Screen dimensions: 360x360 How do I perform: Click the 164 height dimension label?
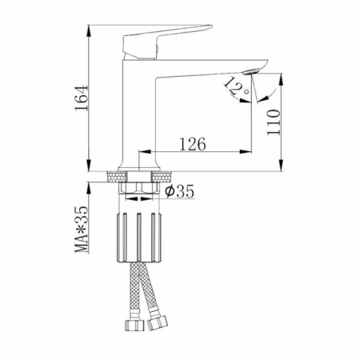[x=82, y=98]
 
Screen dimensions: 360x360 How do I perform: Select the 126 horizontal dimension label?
[x=193, y=144]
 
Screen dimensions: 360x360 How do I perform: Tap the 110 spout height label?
[x=274, y=122]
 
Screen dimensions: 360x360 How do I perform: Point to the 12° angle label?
[x=236, y=86]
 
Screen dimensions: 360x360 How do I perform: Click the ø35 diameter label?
[x=179, y=191]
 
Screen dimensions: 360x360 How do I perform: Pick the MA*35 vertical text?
[x=82, y=230]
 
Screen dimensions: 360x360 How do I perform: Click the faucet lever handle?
[x=166, y=42]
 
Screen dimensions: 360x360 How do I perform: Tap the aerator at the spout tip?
[x=250, y=71]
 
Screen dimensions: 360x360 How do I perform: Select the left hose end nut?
[x=134, y=325]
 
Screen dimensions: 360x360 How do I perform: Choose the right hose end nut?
[x=158, y=322]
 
